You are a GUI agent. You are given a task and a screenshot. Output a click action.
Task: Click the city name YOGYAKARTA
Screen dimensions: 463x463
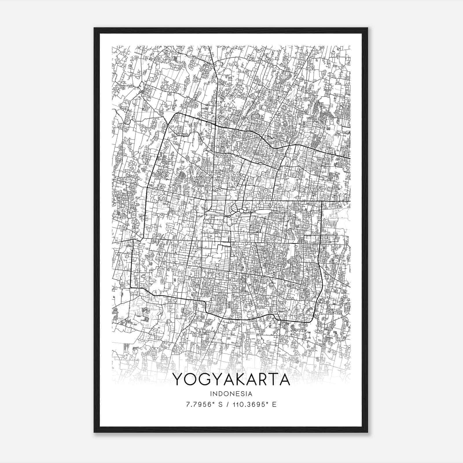(x=231, y=379)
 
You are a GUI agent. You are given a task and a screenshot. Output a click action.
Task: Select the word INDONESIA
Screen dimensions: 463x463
(x=231, y=394)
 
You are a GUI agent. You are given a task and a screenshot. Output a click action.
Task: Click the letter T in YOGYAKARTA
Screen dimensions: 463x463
(x=273, y=379)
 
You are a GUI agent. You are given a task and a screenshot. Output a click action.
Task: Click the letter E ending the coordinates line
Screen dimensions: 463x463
(x=274, y=404)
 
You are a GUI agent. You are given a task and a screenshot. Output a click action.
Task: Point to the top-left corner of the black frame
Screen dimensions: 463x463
(x=94, y=28)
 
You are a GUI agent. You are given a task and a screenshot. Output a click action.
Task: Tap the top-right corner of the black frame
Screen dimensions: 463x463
(x=368, y=28)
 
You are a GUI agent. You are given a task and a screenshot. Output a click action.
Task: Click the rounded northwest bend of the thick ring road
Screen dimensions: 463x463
(x=174, y=115)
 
